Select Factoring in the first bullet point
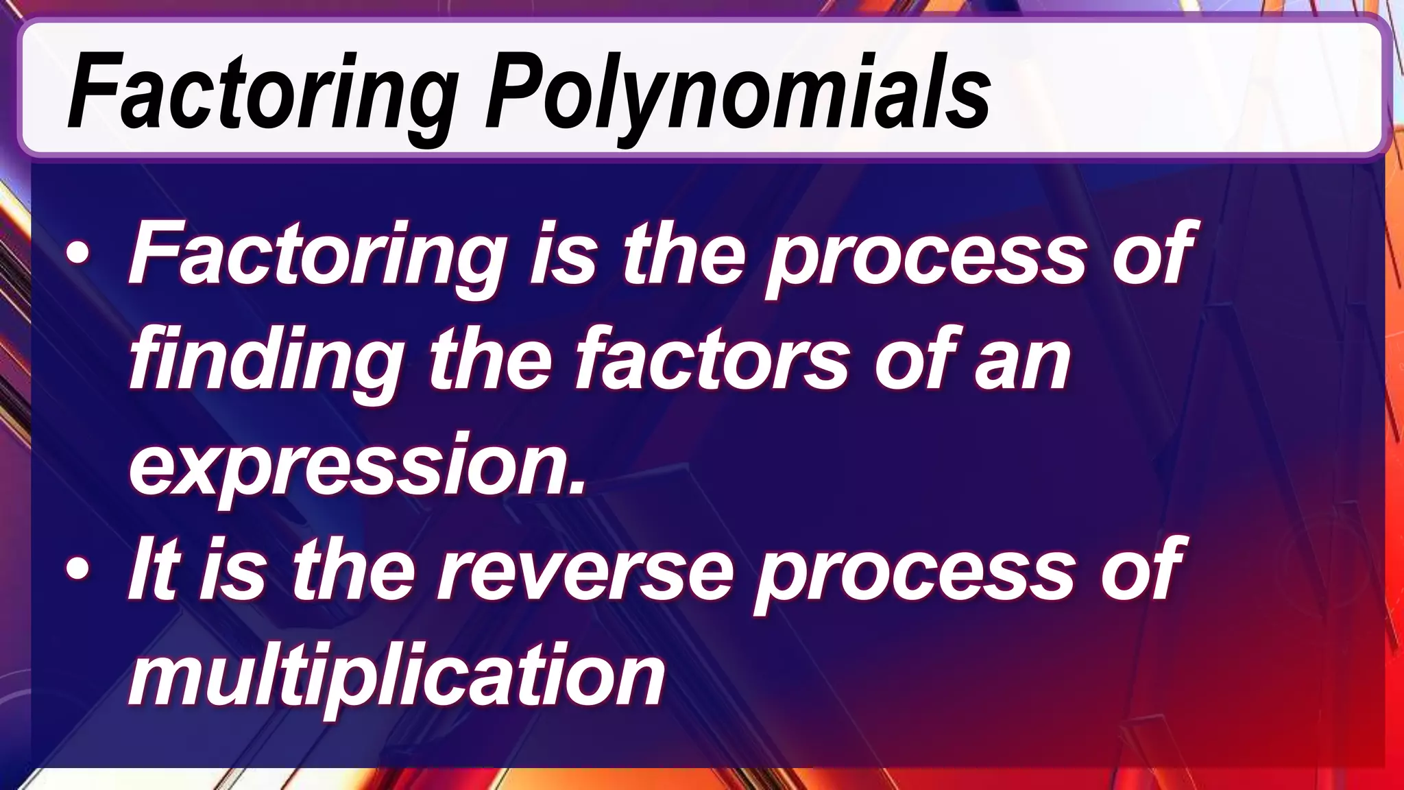(x=315, y=256)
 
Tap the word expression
(x=346, y=466)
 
